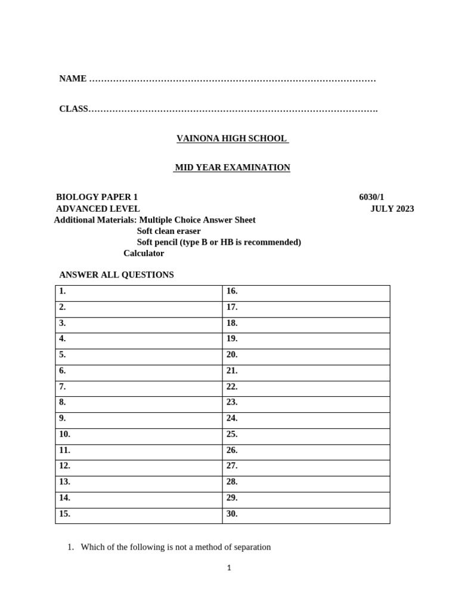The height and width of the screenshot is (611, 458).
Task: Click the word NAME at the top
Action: pyautogui.click(x=73, y=79)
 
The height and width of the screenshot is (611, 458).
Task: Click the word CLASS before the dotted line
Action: pyautogui.click(x=73, y=109)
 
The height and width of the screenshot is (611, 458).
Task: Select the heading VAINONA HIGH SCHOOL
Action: pyautogui.click(x=232, y=138)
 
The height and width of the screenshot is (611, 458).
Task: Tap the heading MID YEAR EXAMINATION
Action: pyautogui.click(x=232, y=168)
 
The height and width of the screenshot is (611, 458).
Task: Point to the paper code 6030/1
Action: pyautogui.click(x=372, y=198)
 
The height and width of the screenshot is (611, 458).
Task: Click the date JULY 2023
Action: pyautogui.click(x=392, y=209)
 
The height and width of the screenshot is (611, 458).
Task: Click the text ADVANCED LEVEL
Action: pyautogui.click(x=98, y=209)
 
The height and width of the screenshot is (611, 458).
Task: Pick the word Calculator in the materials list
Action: pyautogui.click(x=144, y=253)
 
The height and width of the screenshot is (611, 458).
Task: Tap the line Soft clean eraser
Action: pyautogui.click(x=169, y=231)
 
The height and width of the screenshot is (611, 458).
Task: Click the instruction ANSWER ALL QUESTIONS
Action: pyautogui.click(x=116, y=275)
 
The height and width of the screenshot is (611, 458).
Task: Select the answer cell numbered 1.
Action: pyautogui.click(x=138, y=292)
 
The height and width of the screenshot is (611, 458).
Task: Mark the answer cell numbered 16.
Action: pyautogui.click(x=306, y=292)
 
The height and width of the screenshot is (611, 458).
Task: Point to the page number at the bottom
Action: pyautogui.click(x=229, y=569)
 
